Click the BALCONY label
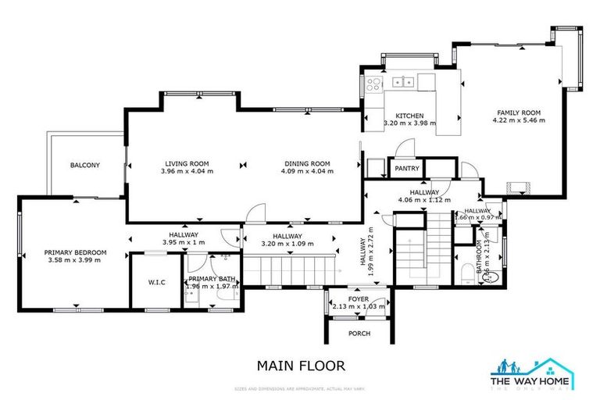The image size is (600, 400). (x=83, y=166)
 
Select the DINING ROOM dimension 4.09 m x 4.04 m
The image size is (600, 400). (x=305, y=171)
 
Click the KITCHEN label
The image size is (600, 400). (x=409, y=116)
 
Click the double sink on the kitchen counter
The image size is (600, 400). (x=403, y=80)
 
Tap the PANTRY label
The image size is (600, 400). (x=407, y=168)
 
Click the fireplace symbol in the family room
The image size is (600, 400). (x=518, y=187)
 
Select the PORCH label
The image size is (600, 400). (x=359, y=334)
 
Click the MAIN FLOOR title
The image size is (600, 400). (x=301, y=365)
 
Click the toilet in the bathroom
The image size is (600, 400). (x=489, y=275)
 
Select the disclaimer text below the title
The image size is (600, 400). (x=301, y=388)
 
